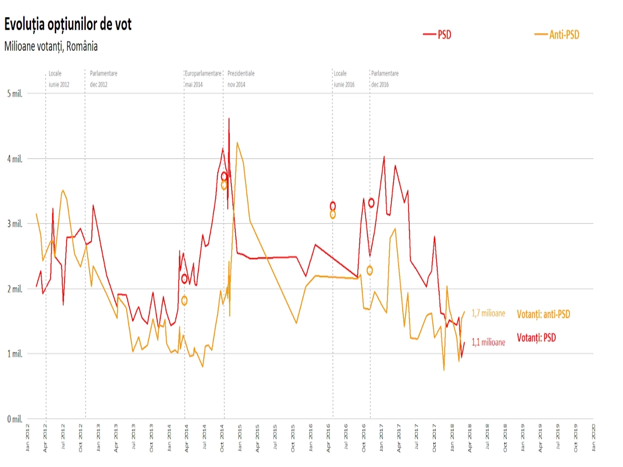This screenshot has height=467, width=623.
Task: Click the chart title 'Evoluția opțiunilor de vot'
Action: pos(68,25)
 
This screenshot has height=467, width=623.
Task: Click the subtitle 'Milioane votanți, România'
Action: pos(51,46)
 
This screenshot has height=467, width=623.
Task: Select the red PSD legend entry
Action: pos(438,35)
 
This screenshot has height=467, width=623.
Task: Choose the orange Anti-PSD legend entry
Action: pos(557,35)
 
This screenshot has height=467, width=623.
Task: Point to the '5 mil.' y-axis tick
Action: pos(15,93)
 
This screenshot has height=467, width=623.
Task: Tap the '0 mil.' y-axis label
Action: pos(15,419)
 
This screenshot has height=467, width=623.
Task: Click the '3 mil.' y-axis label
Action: pos(15,224)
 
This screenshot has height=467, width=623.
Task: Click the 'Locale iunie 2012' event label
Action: pos(59,79)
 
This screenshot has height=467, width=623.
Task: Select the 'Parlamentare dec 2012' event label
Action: pos(104,79)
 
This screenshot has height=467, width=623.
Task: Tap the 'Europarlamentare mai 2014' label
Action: pos(203,79)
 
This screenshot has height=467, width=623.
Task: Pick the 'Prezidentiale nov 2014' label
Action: pos(241,79)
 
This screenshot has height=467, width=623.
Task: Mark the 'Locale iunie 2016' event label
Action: pos(344,79)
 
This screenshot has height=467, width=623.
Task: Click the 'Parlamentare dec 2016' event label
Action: pos(385,79)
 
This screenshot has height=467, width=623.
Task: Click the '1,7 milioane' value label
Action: pos(488,313)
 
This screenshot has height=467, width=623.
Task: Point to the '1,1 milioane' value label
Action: pos(488,342)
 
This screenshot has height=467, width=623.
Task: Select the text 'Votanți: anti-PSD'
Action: pos(543,314)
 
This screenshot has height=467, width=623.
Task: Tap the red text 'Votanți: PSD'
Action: pos(536,338)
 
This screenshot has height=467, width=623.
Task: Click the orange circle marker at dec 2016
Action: pos(370,270)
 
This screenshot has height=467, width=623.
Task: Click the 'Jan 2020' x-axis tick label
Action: pos(593,438)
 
